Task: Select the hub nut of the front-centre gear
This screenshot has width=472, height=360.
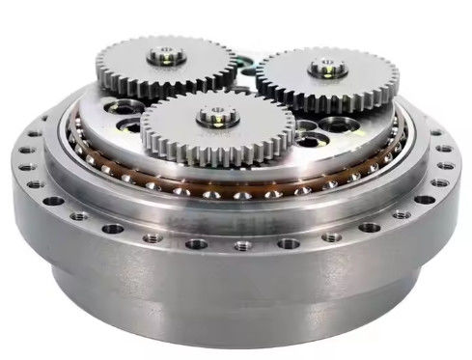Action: [212, 117]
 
